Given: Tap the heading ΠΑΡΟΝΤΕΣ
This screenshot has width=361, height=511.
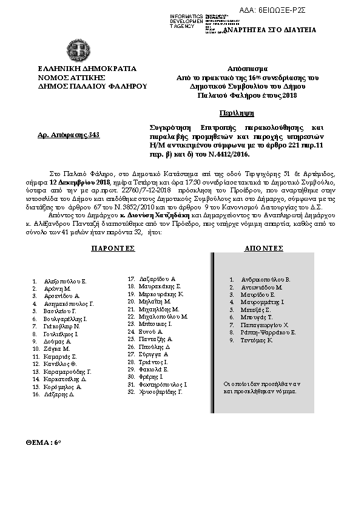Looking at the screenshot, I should tap(113, 249).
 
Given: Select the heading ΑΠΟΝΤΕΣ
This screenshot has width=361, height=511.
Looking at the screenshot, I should tap(264, 249).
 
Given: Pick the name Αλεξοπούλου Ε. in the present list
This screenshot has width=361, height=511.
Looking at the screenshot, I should tap(66, 282).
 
